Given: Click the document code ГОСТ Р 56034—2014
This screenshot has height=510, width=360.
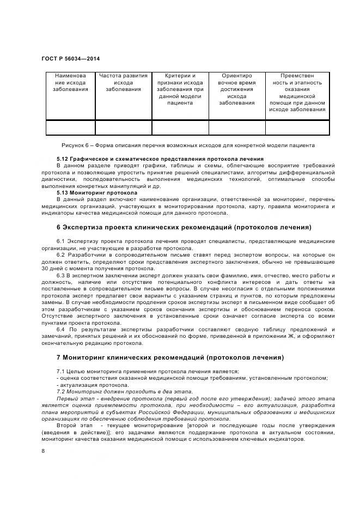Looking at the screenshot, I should click(x=70, y=58).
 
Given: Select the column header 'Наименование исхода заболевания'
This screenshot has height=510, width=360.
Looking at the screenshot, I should click(x=70, y=83).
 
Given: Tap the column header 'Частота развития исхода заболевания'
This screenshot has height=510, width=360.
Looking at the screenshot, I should click(x=124, y=83).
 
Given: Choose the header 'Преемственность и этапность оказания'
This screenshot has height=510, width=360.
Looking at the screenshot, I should click(x=297, y=93).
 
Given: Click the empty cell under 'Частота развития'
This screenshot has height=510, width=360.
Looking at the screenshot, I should click(x=124, y=127).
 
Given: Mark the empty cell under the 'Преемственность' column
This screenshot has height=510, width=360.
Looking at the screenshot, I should click(x=297, y=127).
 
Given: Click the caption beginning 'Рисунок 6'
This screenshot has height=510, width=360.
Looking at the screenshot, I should click(x=188, y=146).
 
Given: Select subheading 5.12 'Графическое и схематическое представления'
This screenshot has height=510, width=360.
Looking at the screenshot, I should click(x=160, y=159).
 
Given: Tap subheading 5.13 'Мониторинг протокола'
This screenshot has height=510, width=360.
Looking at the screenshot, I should click(x=97, y=192).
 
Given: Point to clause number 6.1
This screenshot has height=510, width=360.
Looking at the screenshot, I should click(x=61, y=241).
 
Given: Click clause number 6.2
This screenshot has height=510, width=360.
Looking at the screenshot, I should click(x=61, y=254).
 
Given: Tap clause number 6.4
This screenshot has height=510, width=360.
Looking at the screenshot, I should click(x=61, y=330).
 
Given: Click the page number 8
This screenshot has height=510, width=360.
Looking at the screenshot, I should click(x=43, y=451).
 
